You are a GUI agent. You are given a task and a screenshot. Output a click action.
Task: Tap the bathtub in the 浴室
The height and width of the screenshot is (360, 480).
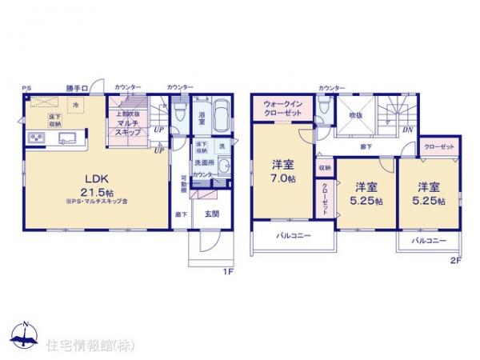(222, 117)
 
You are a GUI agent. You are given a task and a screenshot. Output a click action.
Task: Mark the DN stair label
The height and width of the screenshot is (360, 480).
(406, 130)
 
